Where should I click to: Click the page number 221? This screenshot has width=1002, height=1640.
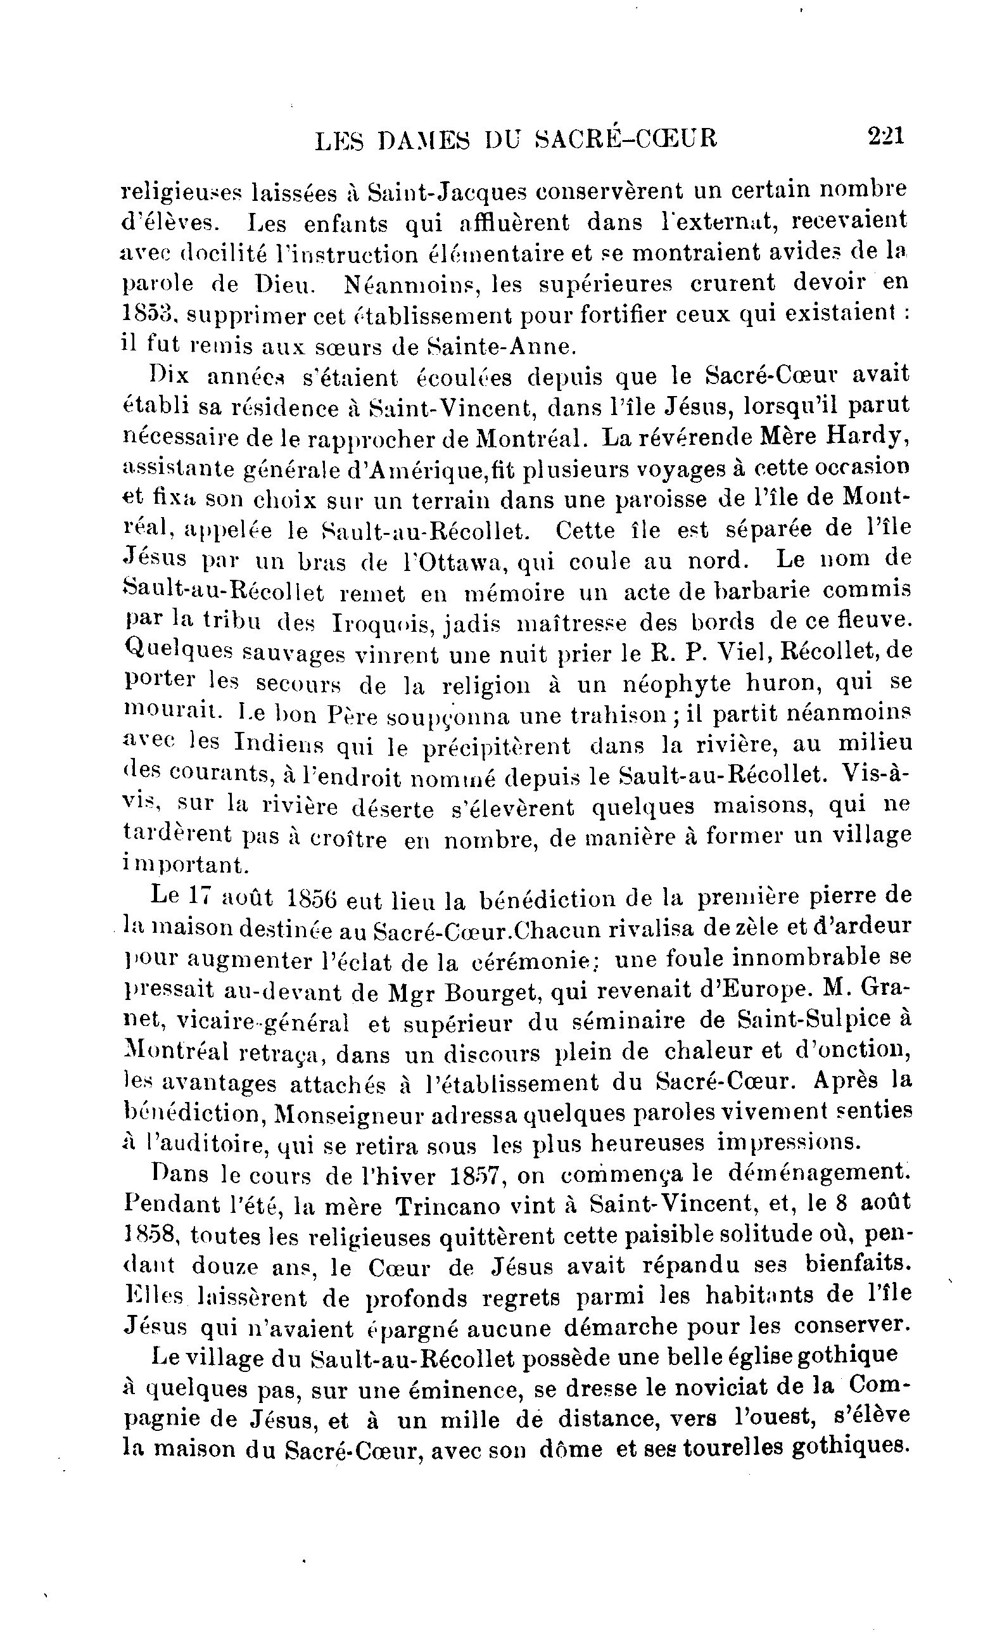(x=885, y=137)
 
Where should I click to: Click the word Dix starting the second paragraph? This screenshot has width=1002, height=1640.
(x=170, y=376)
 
